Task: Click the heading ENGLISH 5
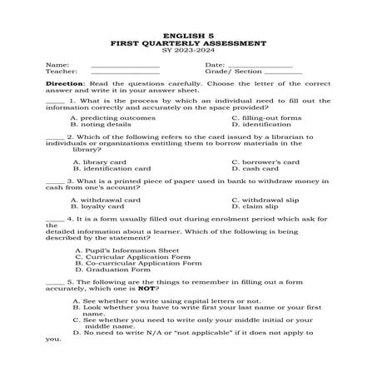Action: click(188, 36)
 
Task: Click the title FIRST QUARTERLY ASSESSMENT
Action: click(188, 43)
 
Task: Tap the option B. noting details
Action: click(101, 124)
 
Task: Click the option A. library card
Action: click(100, 161)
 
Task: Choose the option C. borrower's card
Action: click(265, 161)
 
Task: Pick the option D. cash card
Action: click(254, 168)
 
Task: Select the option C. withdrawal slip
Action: click(263, 200)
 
